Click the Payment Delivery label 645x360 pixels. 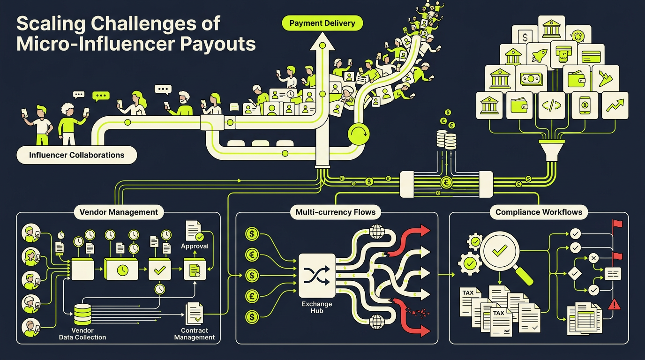(x=322, y=23)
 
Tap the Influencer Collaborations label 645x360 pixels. (x=76, y=155)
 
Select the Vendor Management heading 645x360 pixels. (x=119, y=212)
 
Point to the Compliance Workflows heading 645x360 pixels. (x=539, y=212)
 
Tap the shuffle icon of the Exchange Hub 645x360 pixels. (x=317, y=276)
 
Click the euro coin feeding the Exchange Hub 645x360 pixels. (x=252, y=255)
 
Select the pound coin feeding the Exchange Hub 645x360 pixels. (x=252, y=296)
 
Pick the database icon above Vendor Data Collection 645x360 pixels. (x=82, y=315)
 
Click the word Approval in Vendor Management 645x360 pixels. (x=195, y=246)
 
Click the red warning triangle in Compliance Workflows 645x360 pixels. (x=614, y=304)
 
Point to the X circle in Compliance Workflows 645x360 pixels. (x=593, y=258)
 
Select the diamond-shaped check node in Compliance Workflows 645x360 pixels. (x=575, y=273)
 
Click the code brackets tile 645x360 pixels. (x=551, y=105)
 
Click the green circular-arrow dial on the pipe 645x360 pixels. (x=359, y=134)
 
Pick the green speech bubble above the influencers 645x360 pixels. (x=101, y=96)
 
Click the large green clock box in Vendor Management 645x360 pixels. (x=121, y=269)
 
